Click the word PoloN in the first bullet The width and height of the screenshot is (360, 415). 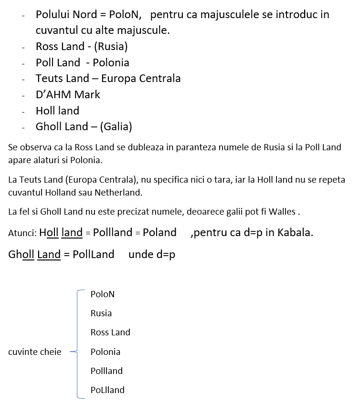tap(126, 14)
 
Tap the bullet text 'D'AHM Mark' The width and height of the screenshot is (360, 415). tap(68, 94)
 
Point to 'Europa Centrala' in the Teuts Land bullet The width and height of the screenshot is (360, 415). tap(141, 78)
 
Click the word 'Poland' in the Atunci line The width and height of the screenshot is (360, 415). tap(159, 233)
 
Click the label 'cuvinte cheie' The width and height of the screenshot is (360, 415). tap(35, 352)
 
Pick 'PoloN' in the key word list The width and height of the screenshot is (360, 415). tap(103, 294)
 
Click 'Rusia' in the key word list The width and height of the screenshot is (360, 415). tap(101, 313)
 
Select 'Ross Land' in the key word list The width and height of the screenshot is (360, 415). tap(110, 332)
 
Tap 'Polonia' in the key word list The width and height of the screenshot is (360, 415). tap(106, 352)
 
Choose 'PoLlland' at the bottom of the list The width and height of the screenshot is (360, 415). tap(107, 390)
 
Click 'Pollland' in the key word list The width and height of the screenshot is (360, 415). tap(106, 371)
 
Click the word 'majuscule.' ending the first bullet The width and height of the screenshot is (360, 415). tap(146, 31)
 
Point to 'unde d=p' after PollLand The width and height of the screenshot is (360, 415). tap(152, 255)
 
